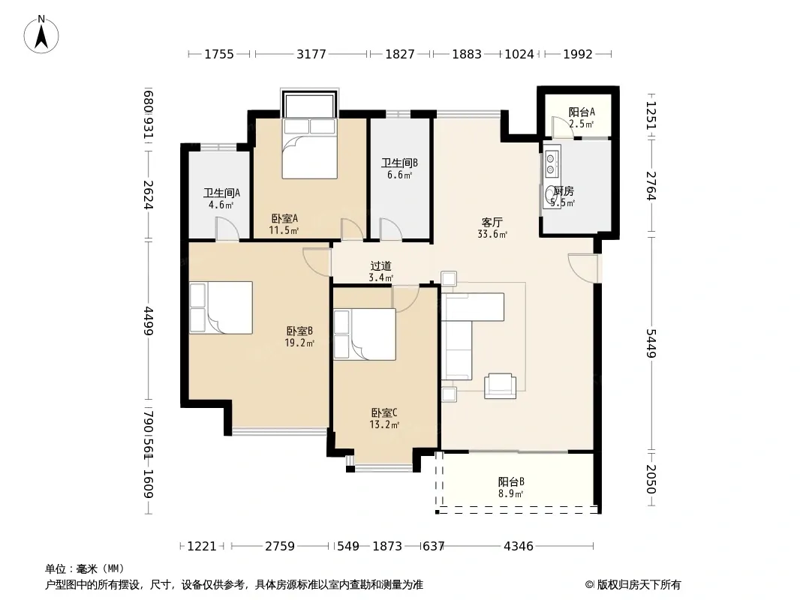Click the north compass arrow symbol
[x=41, y=34]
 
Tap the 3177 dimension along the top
[x=311, y=54]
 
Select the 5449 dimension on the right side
[x=651, y=343]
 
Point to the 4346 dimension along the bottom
[x=519, y=547]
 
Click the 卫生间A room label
[x=221, y=193]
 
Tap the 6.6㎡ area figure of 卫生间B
[x=399, y=175]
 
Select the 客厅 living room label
[x=492, y=222]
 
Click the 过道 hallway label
[x=380, y=265]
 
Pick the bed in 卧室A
[x=310, y=148]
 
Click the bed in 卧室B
[x=221, y=308]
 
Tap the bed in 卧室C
[x=365, y=334]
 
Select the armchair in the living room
[x=500, y=386]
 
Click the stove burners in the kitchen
[x=551, y=160]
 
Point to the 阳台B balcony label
[x=511, y=481]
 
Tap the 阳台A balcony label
[x=582, y=112]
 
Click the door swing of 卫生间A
[x=227, y=229]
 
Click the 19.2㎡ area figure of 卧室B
[x=299, y=343]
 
